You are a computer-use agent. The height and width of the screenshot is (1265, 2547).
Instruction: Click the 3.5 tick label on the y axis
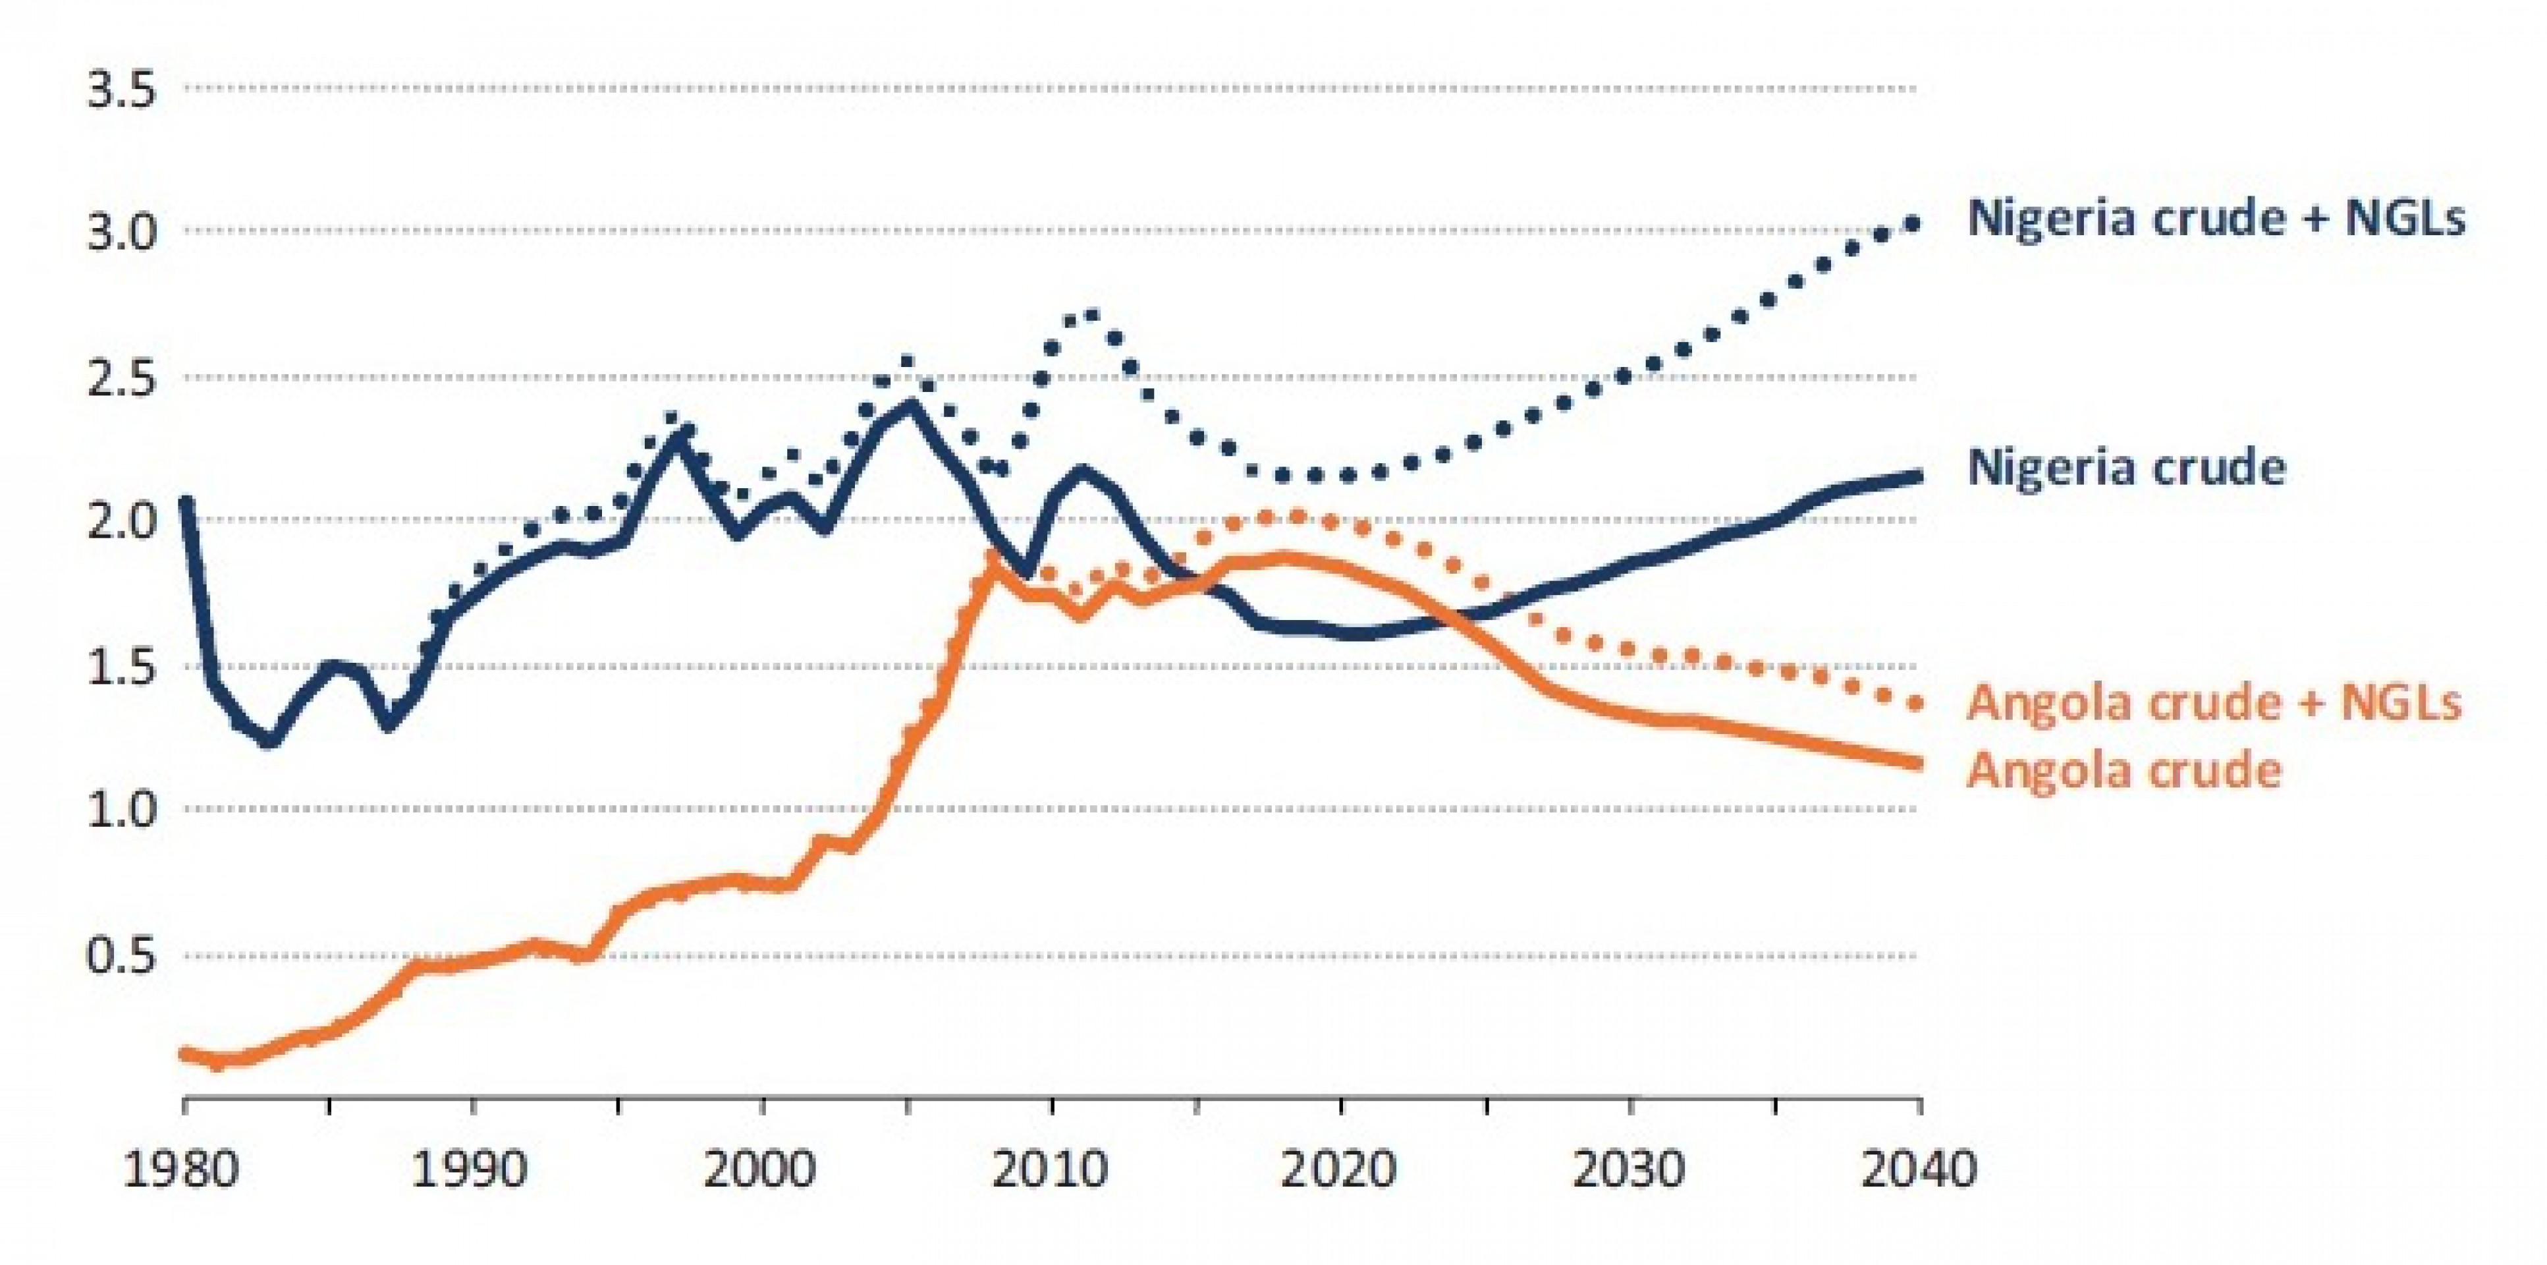(x=123, y=91)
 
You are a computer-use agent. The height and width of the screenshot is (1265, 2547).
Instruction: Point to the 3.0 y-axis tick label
(x=123, y=235)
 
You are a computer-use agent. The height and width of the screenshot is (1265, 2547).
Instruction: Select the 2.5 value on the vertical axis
(x=123, y=379)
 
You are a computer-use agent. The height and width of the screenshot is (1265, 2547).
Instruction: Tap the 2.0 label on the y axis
(x=123, y=522)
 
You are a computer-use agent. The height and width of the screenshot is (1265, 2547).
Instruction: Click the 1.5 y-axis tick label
(x=123, y=667)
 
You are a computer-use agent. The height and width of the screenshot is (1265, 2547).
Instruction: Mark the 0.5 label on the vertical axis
(x=123, y=955)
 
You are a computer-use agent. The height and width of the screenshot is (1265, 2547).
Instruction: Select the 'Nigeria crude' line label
(x=2127, y=467)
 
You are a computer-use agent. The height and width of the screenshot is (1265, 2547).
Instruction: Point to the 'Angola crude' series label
(x=2125, y=770)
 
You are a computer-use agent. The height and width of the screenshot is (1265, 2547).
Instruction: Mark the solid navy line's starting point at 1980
(x=186, y=501)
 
